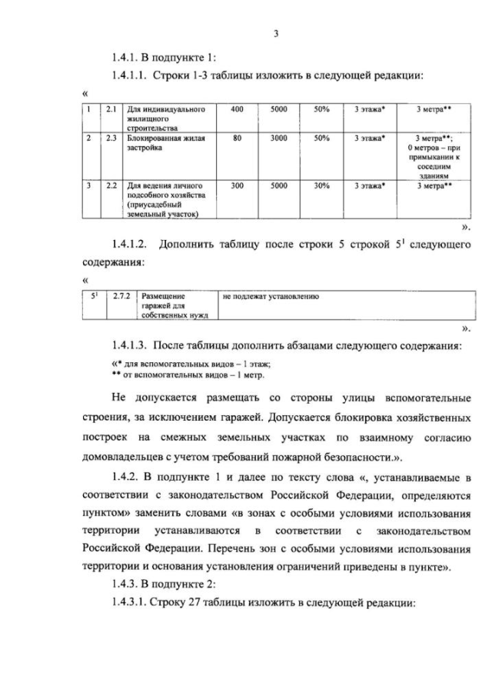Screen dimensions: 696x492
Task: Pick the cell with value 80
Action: click(237, 138)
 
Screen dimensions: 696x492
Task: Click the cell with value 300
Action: click(237, 186)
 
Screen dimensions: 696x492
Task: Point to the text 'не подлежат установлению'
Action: click(270, 295)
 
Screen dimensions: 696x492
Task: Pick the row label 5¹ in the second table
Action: click(93, 295)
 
